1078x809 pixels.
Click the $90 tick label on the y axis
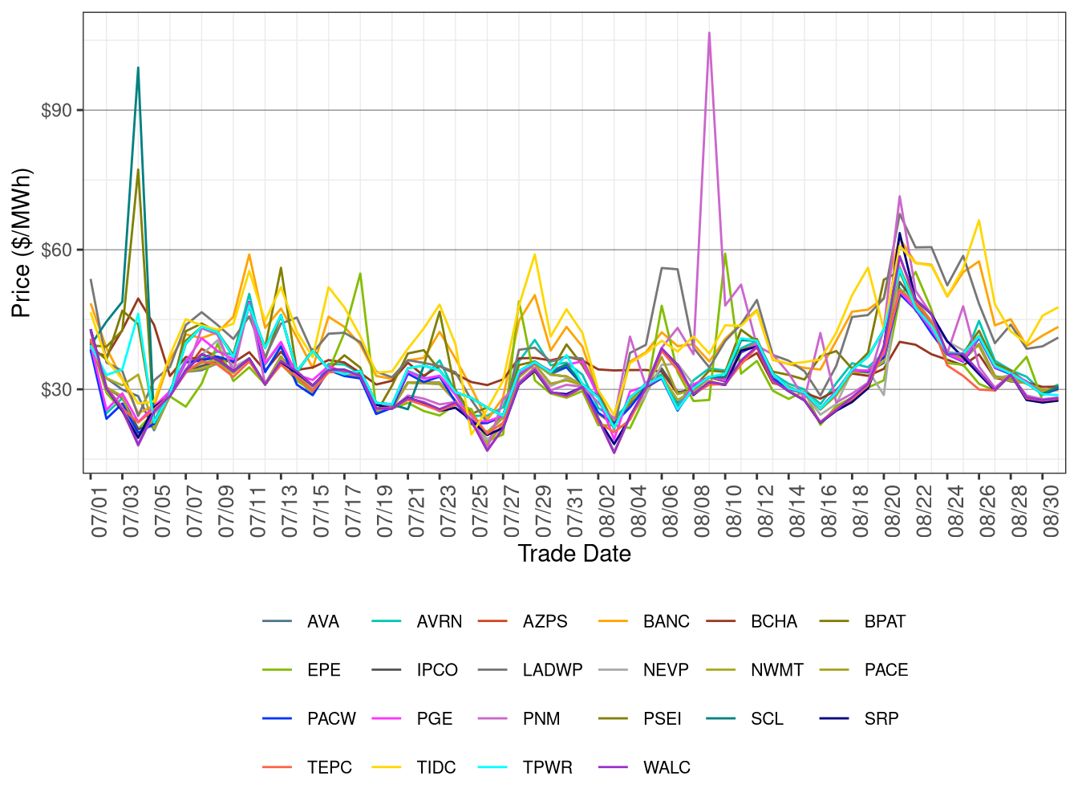[56, 110]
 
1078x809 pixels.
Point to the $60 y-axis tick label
[56, 250]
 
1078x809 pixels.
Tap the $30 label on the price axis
[56, 389]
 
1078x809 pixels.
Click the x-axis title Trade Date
[574, 554]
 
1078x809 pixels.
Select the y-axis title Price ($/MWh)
[21, 242]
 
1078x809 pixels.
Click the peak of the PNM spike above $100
[709, 33]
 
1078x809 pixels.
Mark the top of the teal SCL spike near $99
[138, 67]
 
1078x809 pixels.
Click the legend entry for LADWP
[552, 670]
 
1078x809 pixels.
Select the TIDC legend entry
[436, 768]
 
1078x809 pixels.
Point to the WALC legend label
[666, 768]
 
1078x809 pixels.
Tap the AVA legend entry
[322, 622]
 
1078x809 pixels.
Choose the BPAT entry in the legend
[884, 622]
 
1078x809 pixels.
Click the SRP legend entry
[881, 719]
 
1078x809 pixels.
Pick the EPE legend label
[323, 670]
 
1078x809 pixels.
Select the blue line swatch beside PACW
[277, 719]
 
